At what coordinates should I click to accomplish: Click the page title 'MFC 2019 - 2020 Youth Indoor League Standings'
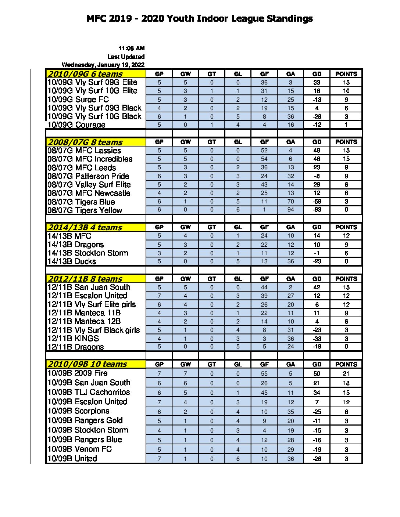pos(200,19)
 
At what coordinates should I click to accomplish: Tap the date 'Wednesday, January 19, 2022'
pos(103,65)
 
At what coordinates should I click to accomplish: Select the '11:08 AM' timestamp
pos(131,48)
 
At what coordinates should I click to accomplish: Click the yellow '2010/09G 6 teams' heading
pos(85,74)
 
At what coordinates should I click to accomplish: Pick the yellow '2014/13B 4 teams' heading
pos(85,227)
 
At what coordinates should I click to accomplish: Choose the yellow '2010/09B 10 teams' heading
pos(87,364)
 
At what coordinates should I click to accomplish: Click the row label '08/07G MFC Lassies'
pos(84,151)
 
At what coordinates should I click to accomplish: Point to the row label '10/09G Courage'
pos(76,125)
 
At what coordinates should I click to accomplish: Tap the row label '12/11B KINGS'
pos(73,339)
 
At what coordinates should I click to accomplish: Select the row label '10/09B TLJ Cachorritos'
pos(89,392)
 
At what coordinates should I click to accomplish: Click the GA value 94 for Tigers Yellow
pos(290,210)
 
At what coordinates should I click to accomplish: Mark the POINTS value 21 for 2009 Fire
pos(346,373)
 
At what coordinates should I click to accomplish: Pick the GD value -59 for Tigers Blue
pos(317,202)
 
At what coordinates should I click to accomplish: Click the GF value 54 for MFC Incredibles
pos(264,159)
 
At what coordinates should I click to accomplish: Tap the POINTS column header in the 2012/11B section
pos(346,279)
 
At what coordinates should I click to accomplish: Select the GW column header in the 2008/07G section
pos(186,142)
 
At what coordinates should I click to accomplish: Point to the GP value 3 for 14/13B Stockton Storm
pos(159,253)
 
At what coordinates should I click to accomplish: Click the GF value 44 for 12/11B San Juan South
pos(264,287)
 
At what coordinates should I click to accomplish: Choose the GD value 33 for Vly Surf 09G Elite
pos(317,82)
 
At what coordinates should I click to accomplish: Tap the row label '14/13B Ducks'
pos(72,261)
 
